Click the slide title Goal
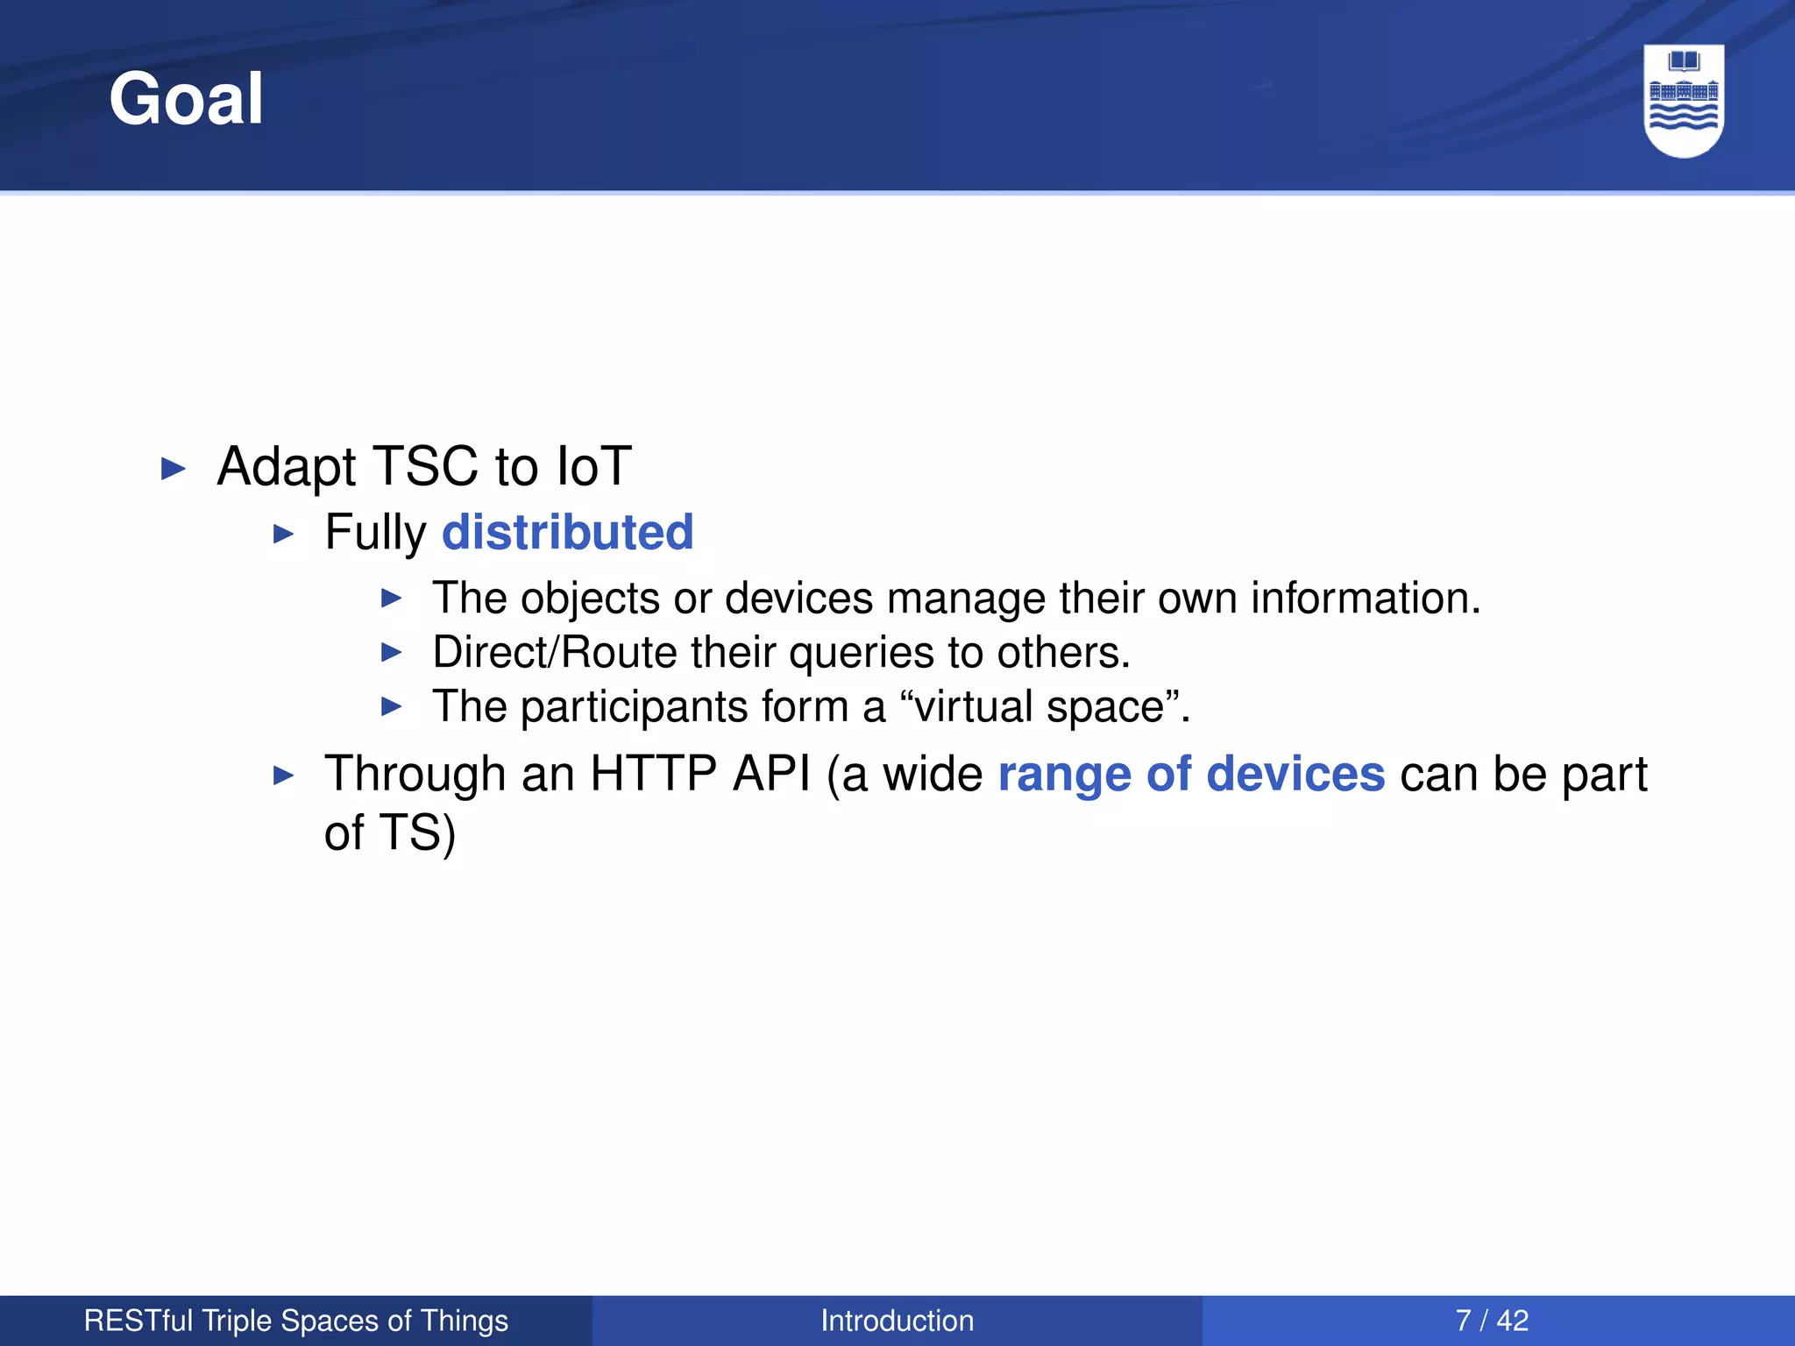coord(186,99)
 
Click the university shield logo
coord(1684,101)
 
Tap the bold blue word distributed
coord(567,532)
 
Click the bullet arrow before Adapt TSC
coord(174,469)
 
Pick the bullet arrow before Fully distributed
coord(282,534)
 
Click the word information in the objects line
coord(1365,599)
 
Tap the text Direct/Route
coord(555,653)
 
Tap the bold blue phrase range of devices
coord(1191,774)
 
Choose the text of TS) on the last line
coord(389,832)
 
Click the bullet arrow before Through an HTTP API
coord(282,776)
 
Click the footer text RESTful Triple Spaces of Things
coord(295,1321)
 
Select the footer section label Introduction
coord(897,1321)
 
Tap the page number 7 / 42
coord(1492,1321)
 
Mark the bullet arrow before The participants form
coord(391,706)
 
